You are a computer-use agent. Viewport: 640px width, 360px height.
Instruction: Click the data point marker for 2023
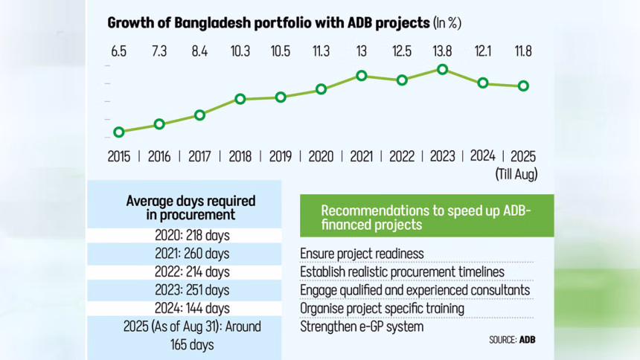[443, 69]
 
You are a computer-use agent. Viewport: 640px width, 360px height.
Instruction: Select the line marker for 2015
[119, 132]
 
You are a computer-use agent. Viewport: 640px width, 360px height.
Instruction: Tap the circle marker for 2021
[362, 76]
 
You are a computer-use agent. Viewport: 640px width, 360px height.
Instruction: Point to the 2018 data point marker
[240, 99]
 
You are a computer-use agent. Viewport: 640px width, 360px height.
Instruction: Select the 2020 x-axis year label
[321, 156]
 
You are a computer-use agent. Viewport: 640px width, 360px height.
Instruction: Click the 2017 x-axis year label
[199, 156]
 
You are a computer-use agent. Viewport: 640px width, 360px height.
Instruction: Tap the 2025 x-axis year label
[523, 156]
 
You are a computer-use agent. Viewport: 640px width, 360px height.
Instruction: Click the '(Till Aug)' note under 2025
[516, 174]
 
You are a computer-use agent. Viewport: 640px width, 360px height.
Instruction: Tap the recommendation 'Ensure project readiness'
[362, 254]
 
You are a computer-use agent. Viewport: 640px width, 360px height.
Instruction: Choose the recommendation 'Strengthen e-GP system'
[362, 326]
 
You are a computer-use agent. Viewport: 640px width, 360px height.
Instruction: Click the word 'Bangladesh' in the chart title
[202, 22]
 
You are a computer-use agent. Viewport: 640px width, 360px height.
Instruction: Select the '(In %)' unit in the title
[447, 22]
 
